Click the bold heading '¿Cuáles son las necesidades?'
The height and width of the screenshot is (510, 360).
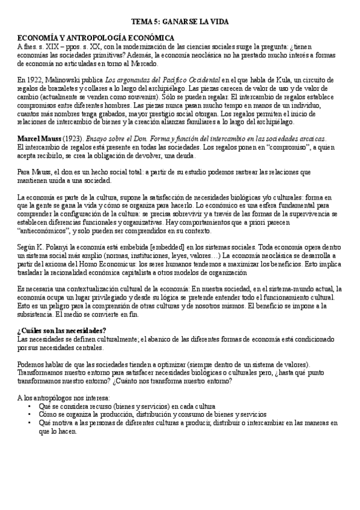pyautogui.click(x=62, y=331)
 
